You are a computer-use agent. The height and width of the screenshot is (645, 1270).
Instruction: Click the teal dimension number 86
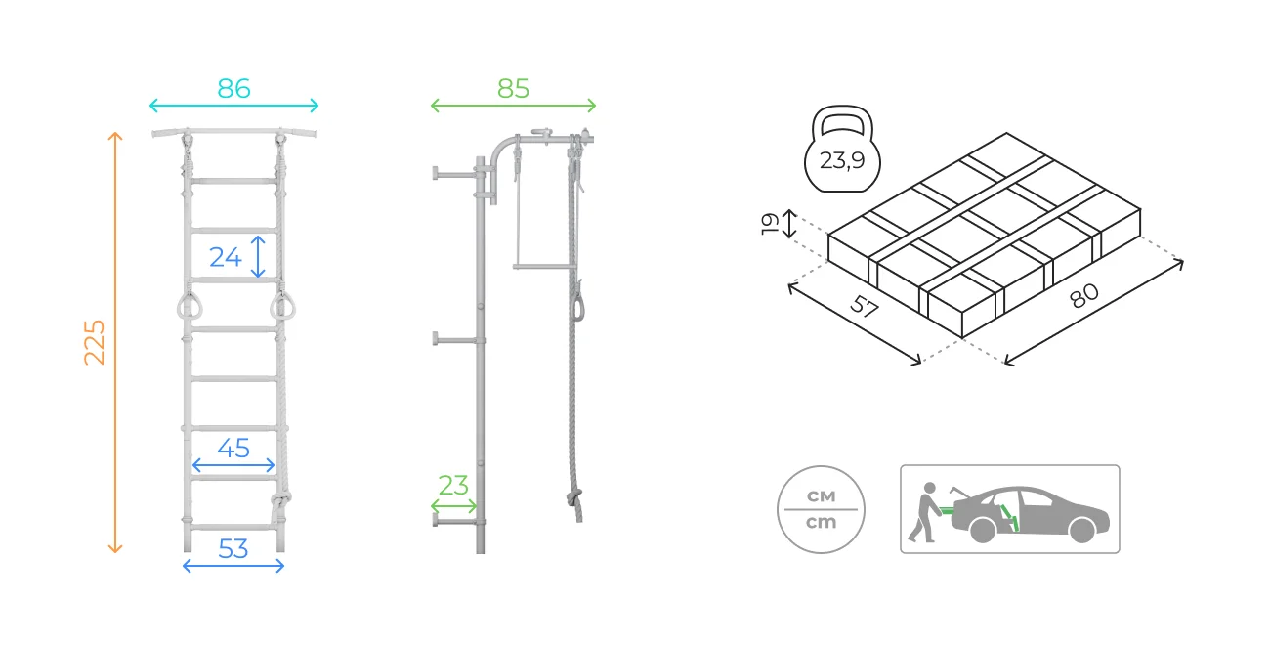pos(233,88)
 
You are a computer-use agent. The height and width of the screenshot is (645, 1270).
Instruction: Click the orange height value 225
pos(94,342)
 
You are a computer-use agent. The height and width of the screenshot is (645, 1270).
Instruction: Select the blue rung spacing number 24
pos(225,257)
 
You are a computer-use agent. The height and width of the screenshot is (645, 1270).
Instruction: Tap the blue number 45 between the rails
pos(233,448)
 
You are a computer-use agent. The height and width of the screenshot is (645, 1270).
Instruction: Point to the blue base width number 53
pos(233,548)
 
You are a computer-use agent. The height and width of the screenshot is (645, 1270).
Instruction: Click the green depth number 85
pos(513,88)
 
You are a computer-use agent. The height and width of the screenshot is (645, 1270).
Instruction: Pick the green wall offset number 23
pos(453,485)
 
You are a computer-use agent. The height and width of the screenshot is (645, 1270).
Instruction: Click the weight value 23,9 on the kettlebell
pos(842,160)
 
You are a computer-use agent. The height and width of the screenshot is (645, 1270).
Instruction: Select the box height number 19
pos(770,224)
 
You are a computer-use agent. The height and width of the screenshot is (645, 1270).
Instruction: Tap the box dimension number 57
pos(864,306)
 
